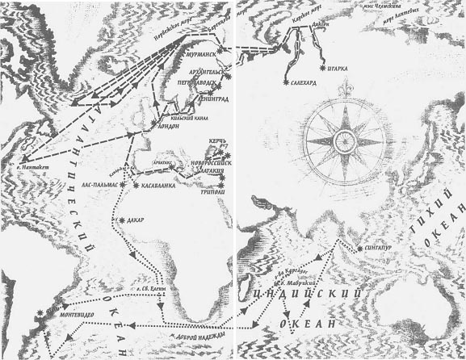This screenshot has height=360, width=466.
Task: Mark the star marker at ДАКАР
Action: (x=120, y=220)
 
